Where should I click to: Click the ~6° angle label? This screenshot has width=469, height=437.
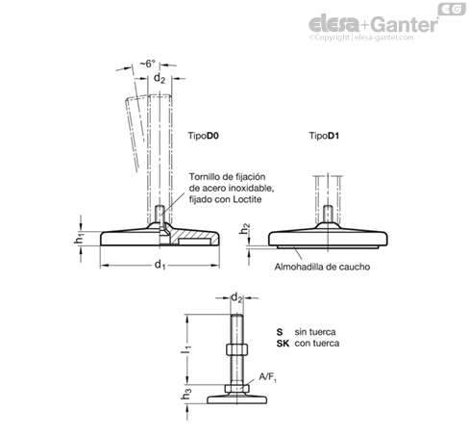pos(148,64)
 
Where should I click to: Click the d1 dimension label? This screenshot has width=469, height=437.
pos(160,265)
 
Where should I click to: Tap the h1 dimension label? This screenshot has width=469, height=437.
pos(79,239)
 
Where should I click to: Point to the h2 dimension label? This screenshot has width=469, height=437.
pos(245,229)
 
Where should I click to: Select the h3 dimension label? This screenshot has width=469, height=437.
pos(186,395)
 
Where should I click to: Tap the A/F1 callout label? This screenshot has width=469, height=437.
pos(268,377)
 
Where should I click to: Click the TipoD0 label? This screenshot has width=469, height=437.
pos(203,136)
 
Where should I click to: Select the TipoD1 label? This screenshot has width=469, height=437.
pos(324,136)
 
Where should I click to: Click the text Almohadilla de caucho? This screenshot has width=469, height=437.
pos(322,267)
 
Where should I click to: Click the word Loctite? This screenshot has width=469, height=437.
pos(247,199)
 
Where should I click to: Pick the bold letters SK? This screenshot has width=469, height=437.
pos(283,344)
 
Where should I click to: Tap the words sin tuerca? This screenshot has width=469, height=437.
pos(315,332)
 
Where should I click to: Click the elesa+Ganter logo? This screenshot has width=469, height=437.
pos(374,24)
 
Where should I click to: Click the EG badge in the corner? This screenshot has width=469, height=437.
pos(452,10)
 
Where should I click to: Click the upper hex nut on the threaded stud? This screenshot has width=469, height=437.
pos(236,349)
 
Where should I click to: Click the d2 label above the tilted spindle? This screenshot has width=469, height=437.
pos(160,78)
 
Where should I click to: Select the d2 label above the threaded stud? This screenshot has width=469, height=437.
pos(236,298)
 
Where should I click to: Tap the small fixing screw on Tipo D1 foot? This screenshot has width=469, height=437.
pos(328,214)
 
